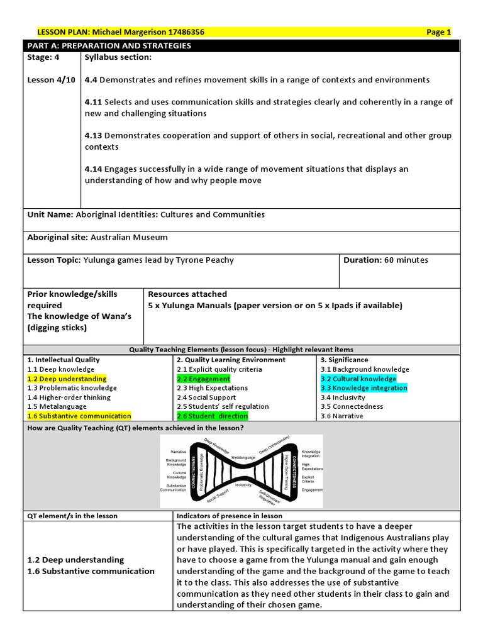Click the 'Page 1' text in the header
tap(438, 33)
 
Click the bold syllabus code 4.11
tap(93, 102)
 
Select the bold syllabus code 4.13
tap(93, 135)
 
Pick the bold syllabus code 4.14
tap(93, 169)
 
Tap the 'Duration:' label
tap(362, 260)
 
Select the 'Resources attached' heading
tap(187, 294)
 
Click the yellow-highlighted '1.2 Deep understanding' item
tap(67, 379)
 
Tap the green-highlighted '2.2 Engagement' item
tap(203, 379)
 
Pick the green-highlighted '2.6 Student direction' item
tap(212, 416)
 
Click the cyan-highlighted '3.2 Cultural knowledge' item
tap(358, 379)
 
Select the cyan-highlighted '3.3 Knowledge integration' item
tap(364, 388)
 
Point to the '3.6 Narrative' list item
tap(341, 416)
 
